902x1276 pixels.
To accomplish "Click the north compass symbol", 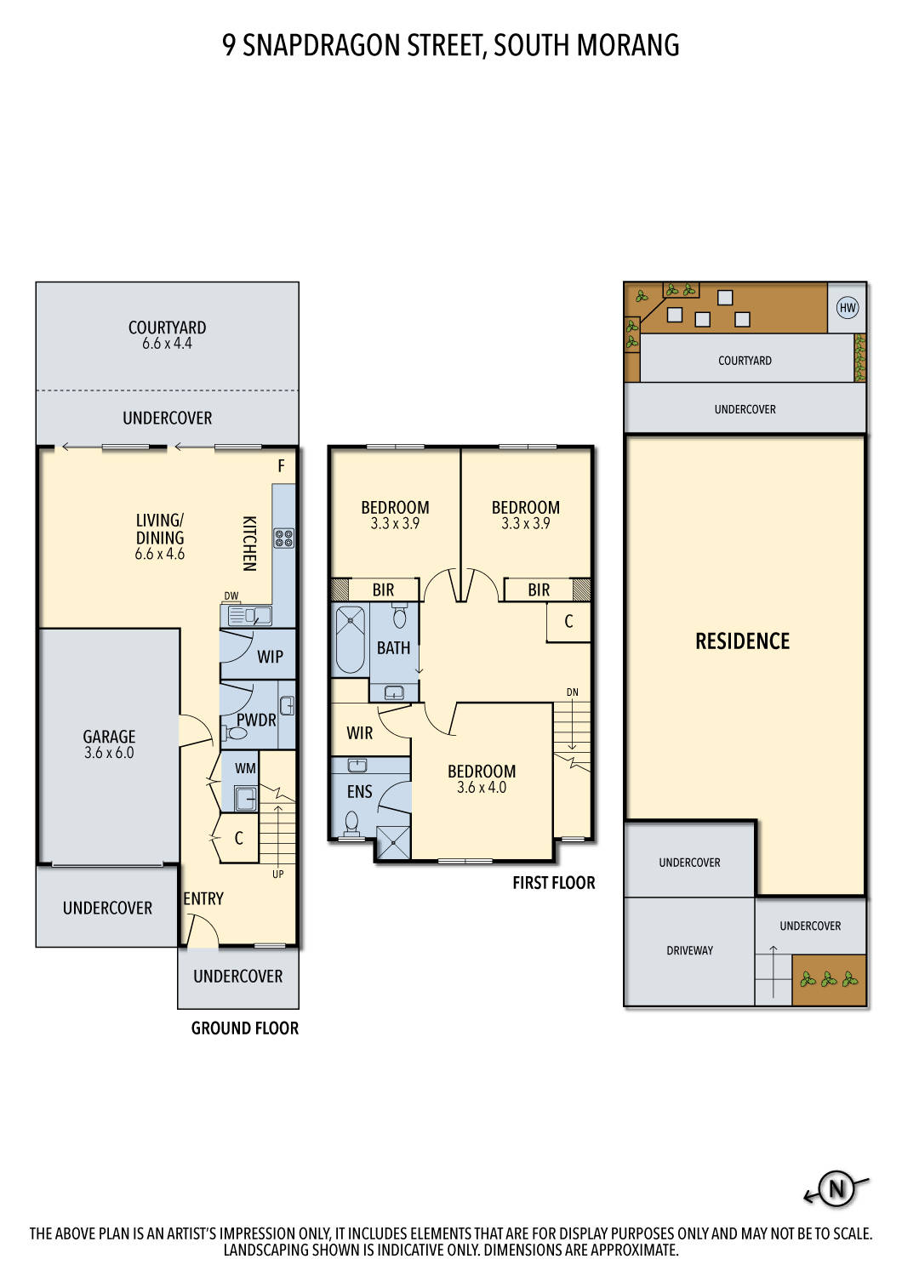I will (x=836, y=1188).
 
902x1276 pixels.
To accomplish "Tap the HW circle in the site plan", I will (x=847, y=308).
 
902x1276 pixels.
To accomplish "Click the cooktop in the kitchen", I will (x=283, y=538).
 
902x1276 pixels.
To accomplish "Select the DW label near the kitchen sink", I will (x=231, y=595).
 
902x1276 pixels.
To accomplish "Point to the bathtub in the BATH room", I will (x=349, y=638).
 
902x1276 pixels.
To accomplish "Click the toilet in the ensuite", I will (x=351, y=822).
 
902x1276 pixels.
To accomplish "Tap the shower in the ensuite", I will (x=393, y=842).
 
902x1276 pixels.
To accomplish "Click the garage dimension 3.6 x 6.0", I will (x=109, y=753).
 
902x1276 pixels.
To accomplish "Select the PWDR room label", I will (x=256, y=720).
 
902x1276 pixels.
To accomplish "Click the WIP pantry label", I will (x=270, y=657).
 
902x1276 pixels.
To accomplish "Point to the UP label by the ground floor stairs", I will (x=278, y=874).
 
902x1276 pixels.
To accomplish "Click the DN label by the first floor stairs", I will (x=573, y=692).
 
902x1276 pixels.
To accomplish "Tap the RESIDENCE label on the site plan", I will (x=742, y=641).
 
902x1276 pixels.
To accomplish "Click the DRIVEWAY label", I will (x=689, y=950).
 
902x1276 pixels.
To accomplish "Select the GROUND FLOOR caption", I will (x=244, y=1028).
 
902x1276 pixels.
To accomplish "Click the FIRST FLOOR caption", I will (x=553, y=883).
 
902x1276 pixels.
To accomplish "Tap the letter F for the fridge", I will (x=281, y=466).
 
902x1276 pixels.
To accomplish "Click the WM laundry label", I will (x=245, y=768).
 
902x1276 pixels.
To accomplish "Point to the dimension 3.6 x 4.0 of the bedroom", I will (x=482, y=788).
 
